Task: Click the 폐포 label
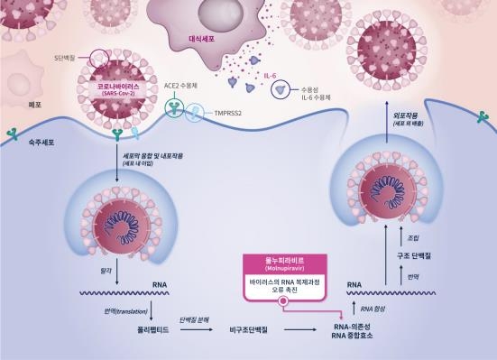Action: [x=12, y=106]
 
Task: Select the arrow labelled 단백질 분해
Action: [x=194, y=321]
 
